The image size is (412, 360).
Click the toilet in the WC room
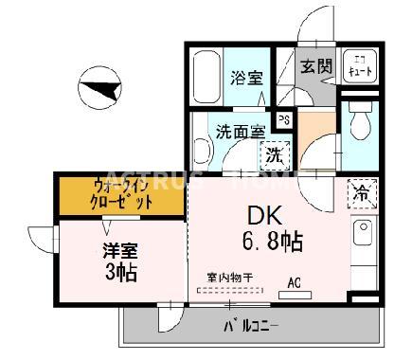coord(359,124)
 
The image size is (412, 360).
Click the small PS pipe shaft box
coord(283,119)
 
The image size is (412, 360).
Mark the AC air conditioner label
coord(295,280)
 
